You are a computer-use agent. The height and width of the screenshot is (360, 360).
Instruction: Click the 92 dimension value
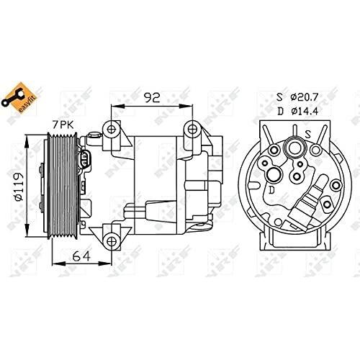click(152, 97)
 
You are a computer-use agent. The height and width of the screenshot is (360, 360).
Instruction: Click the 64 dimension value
click(82, 256)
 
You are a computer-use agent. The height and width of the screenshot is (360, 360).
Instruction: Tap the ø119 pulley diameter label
click(19, 187)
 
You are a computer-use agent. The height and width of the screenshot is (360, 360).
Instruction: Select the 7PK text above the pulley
click(63, 125)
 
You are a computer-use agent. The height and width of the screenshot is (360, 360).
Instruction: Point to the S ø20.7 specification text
click(297, 97)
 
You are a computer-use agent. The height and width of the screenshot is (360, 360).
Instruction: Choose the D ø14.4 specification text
click(297, 111)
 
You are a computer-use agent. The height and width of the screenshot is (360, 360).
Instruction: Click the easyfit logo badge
click(19, 98)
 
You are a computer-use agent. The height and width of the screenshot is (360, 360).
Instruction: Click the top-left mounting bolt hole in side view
click(111, 130)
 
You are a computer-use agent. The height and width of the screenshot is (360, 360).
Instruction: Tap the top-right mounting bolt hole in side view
click(192, 130)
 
